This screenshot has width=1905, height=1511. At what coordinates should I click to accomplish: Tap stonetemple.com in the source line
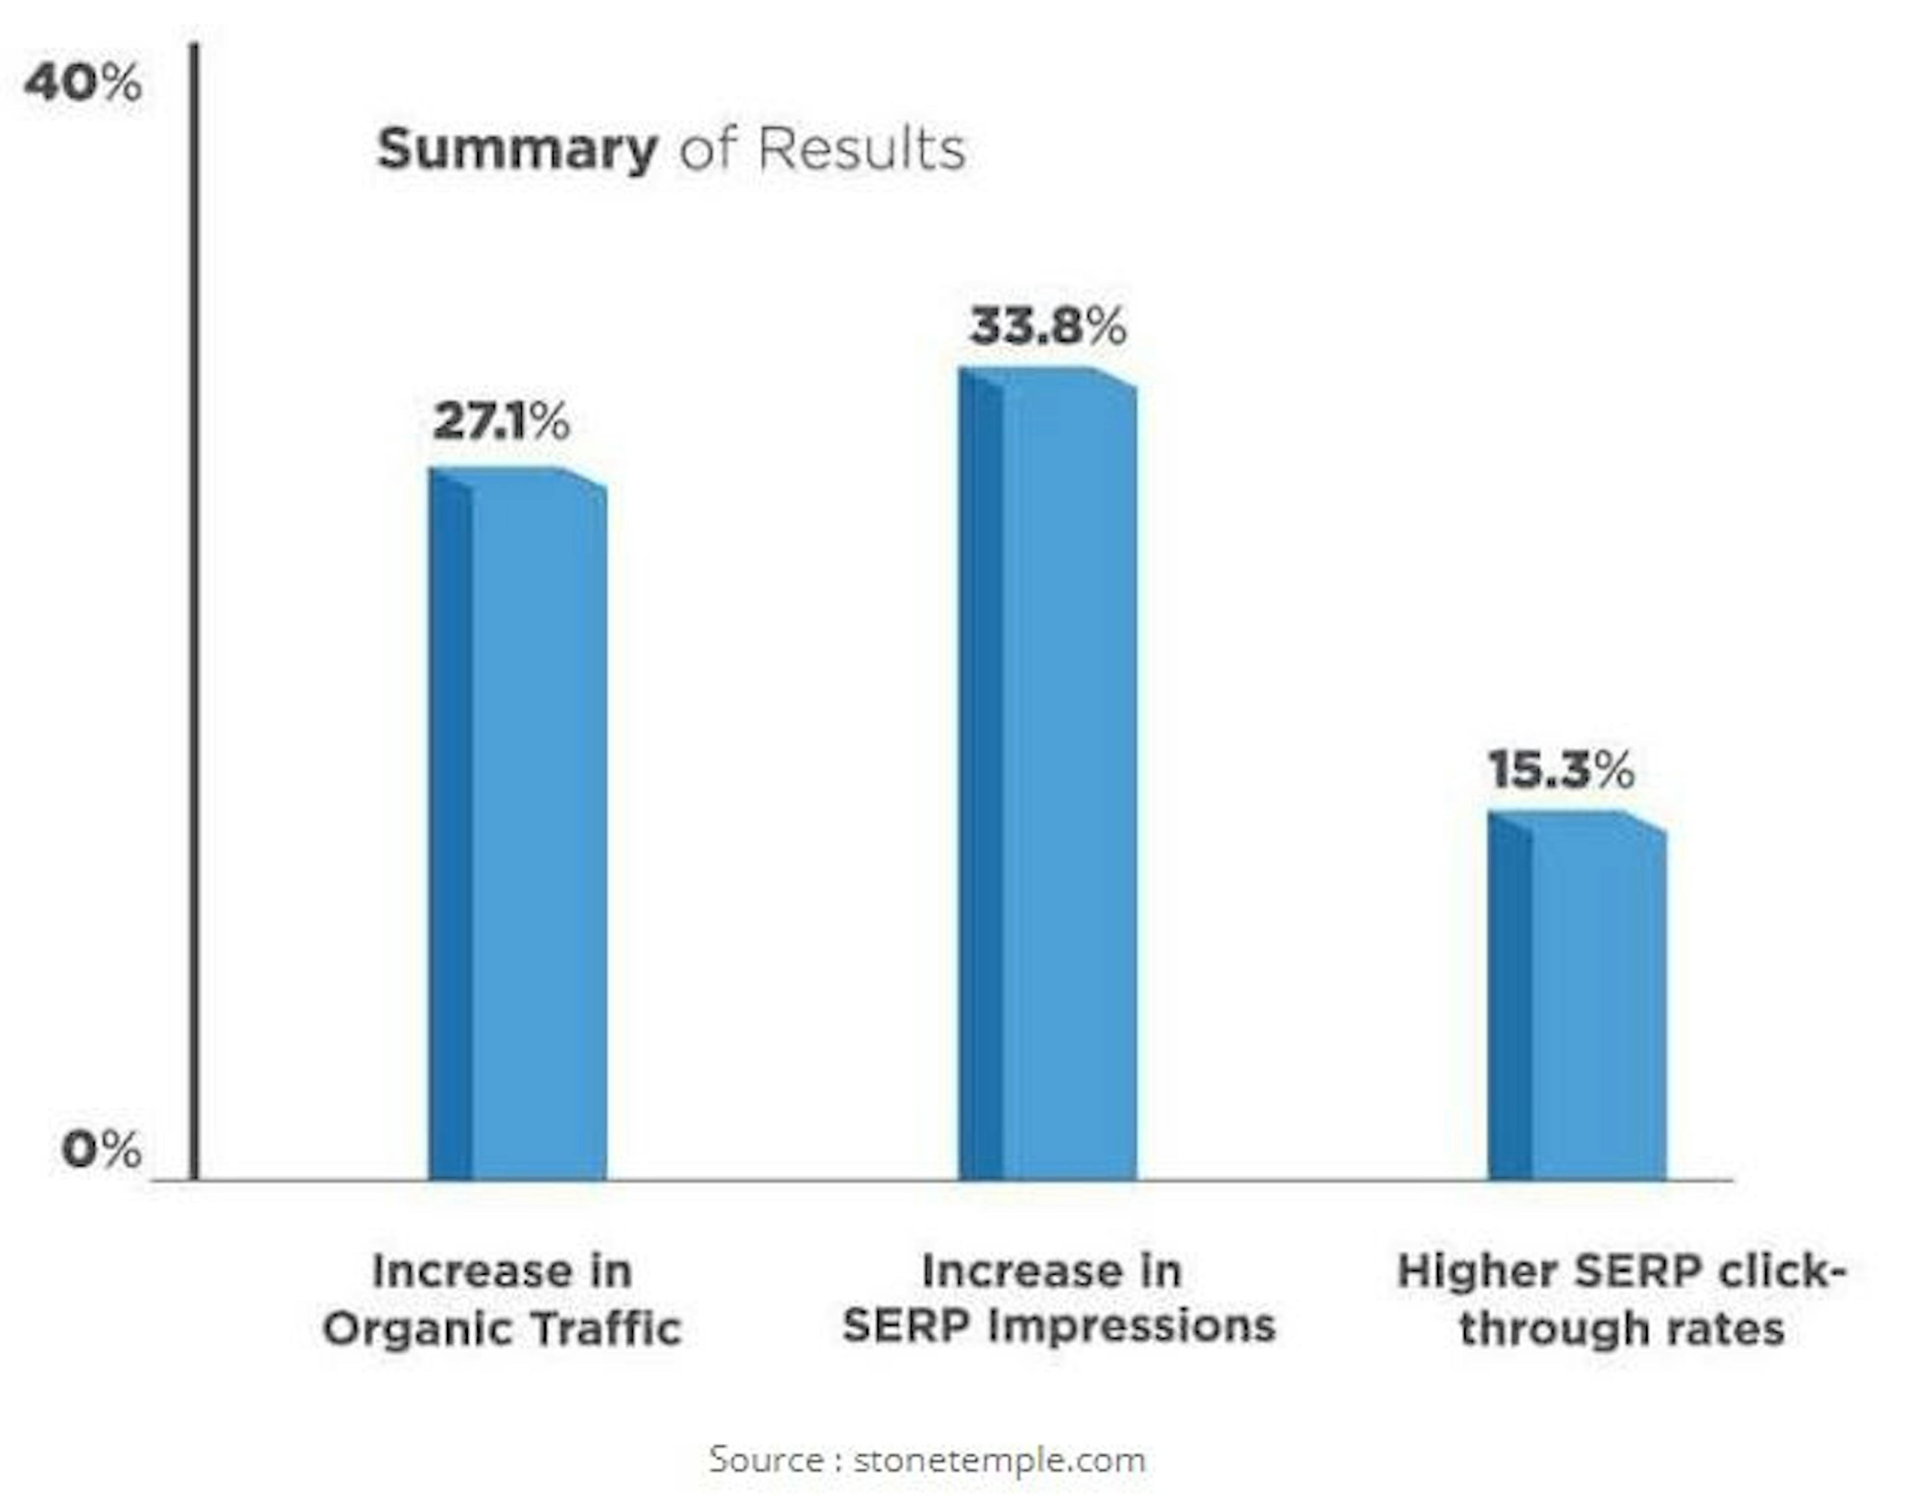point(999,1459)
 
